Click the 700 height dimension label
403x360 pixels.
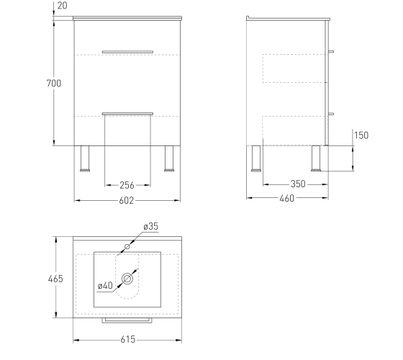tap(54, 84)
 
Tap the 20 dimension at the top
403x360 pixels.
tap(62, 6)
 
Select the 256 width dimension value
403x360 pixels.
tap(127, 185)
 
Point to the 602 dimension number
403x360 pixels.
tap(127, 201)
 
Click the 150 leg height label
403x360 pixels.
tap(361, 135)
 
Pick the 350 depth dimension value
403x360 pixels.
tap(298, 184)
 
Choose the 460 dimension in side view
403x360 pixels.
tap(287, 198)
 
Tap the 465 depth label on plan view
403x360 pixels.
tap(55, 279)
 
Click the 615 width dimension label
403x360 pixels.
tap(128, 339)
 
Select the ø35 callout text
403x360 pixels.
tap(151, 226)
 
